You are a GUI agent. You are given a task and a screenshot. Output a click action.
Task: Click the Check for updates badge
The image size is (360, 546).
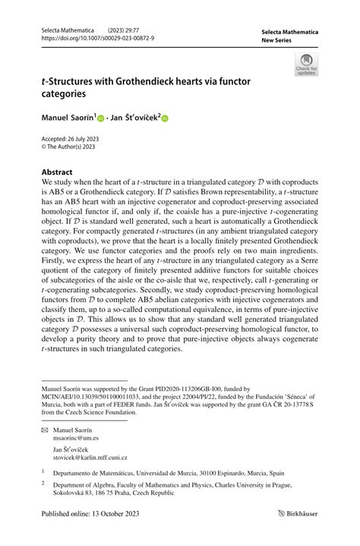click(306, 64)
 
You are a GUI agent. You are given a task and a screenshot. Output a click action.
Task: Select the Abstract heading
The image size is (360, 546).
click(57, 172)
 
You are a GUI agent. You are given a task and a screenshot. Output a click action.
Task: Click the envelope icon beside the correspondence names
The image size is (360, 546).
click(46, 429)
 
